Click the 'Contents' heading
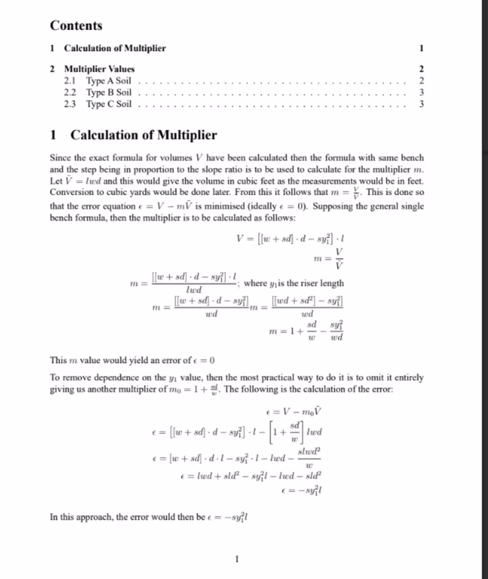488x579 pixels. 76,26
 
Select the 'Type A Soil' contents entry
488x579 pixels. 109,81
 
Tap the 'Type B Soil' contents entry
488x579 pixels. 109,92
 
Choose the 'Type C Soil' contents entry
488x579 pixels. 109,104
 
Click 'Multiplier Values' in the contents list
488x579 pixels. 99,69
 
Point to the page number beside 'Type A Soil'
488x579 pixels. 421,81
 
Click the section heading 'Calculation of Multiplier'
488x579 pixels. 143,135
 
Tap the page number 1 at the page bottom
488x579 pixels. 237,559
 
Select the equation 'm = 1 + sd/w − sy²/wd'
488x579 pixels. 306,331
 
